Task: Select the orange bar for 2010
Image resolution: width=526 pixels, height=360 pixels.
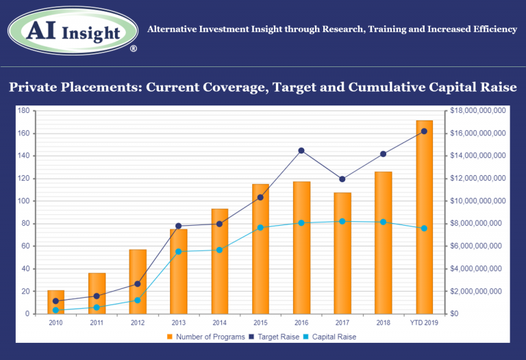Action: (x=55, y=302)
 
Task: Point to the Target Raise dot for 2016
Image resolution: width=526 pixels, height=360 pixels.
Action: (x=301, y=151)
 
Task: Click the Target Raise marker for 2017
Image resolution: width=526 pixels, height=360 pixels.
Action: (x=342, y=179)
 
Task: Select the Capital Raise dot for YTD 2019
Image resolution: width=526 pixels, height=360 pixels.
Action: (x=424, y=228)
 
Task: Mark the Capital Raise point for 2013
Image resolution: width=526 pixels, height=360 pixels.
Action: (x=178, y=251)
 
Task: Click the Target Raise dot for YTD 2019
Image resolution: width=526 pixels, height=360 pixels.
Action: (x=424, y=131)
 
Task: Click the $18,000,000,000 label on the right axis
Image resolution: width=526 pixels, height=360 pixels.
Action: (x=478, y=110)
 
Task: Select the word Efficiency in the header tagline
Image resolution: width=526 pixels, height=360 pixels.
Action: (x=492, y=29)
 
